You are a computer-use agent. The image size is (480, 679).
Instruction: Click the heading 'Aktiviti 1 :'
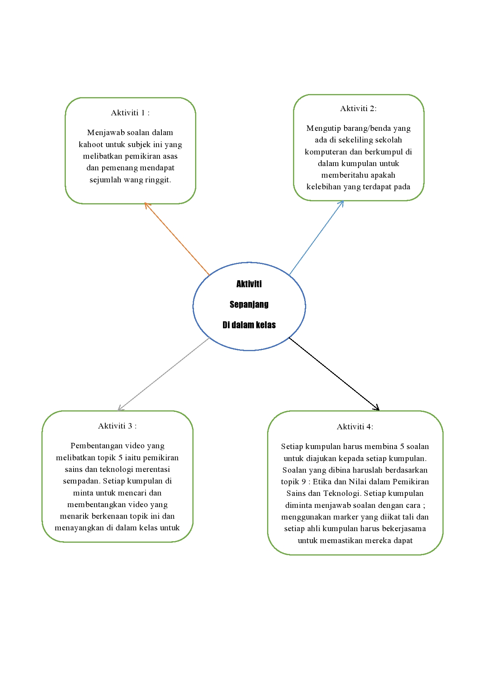point(130,113)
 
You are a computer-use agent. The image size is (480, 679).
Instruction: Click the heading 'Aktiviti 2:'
point(358,108)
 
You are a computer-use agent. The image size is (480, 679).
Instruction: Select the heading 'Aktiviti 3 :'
point(117,426)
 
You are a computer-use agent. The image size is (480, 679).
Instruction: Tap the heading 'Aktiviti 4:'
point(355,427)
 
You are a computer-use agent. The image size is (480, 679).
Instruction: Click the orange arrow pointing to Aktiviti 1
point(177,239)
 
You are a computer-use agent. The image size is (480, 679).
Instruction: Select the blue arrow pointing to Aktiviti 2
point(316,238)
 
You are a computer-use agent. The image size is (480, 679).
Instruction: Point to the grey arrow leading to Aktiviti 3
point(163,374)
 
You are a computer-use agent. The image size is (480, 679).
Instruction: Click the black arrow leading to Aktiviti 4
point(334,374)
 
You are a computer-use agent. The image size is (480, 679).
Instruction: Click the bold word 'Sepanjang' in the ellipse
point(249,304)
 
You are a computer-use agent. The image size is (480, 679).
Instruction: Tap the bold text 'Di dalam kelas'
point(249,325)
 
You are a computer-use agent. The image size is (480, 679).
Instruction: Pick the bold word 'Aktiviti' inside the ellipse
point(249,284)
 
